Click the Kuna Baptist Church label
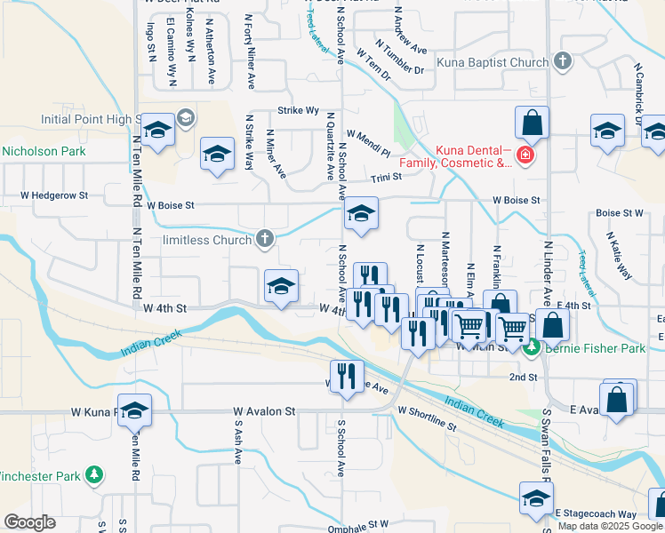click(x=493, y=63)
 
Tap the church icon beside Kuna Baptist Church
click(x=562, y=62)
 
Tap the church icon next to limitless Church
click(x=264, y=238)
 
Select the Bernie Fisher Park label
click(x=597, y=349)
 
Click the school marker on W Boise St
click(x=360, y=213)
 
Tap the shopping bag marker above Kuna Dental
click(x=531, y=123)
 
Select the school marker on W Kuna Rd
click(x=134, y=410)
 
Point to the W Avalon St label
click(x=264, y=412)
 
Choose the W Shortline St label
click(x=428, y=413)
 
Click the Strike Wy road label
click(x=298, y=111)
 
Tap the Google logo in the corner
click(x=30, y=522)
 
